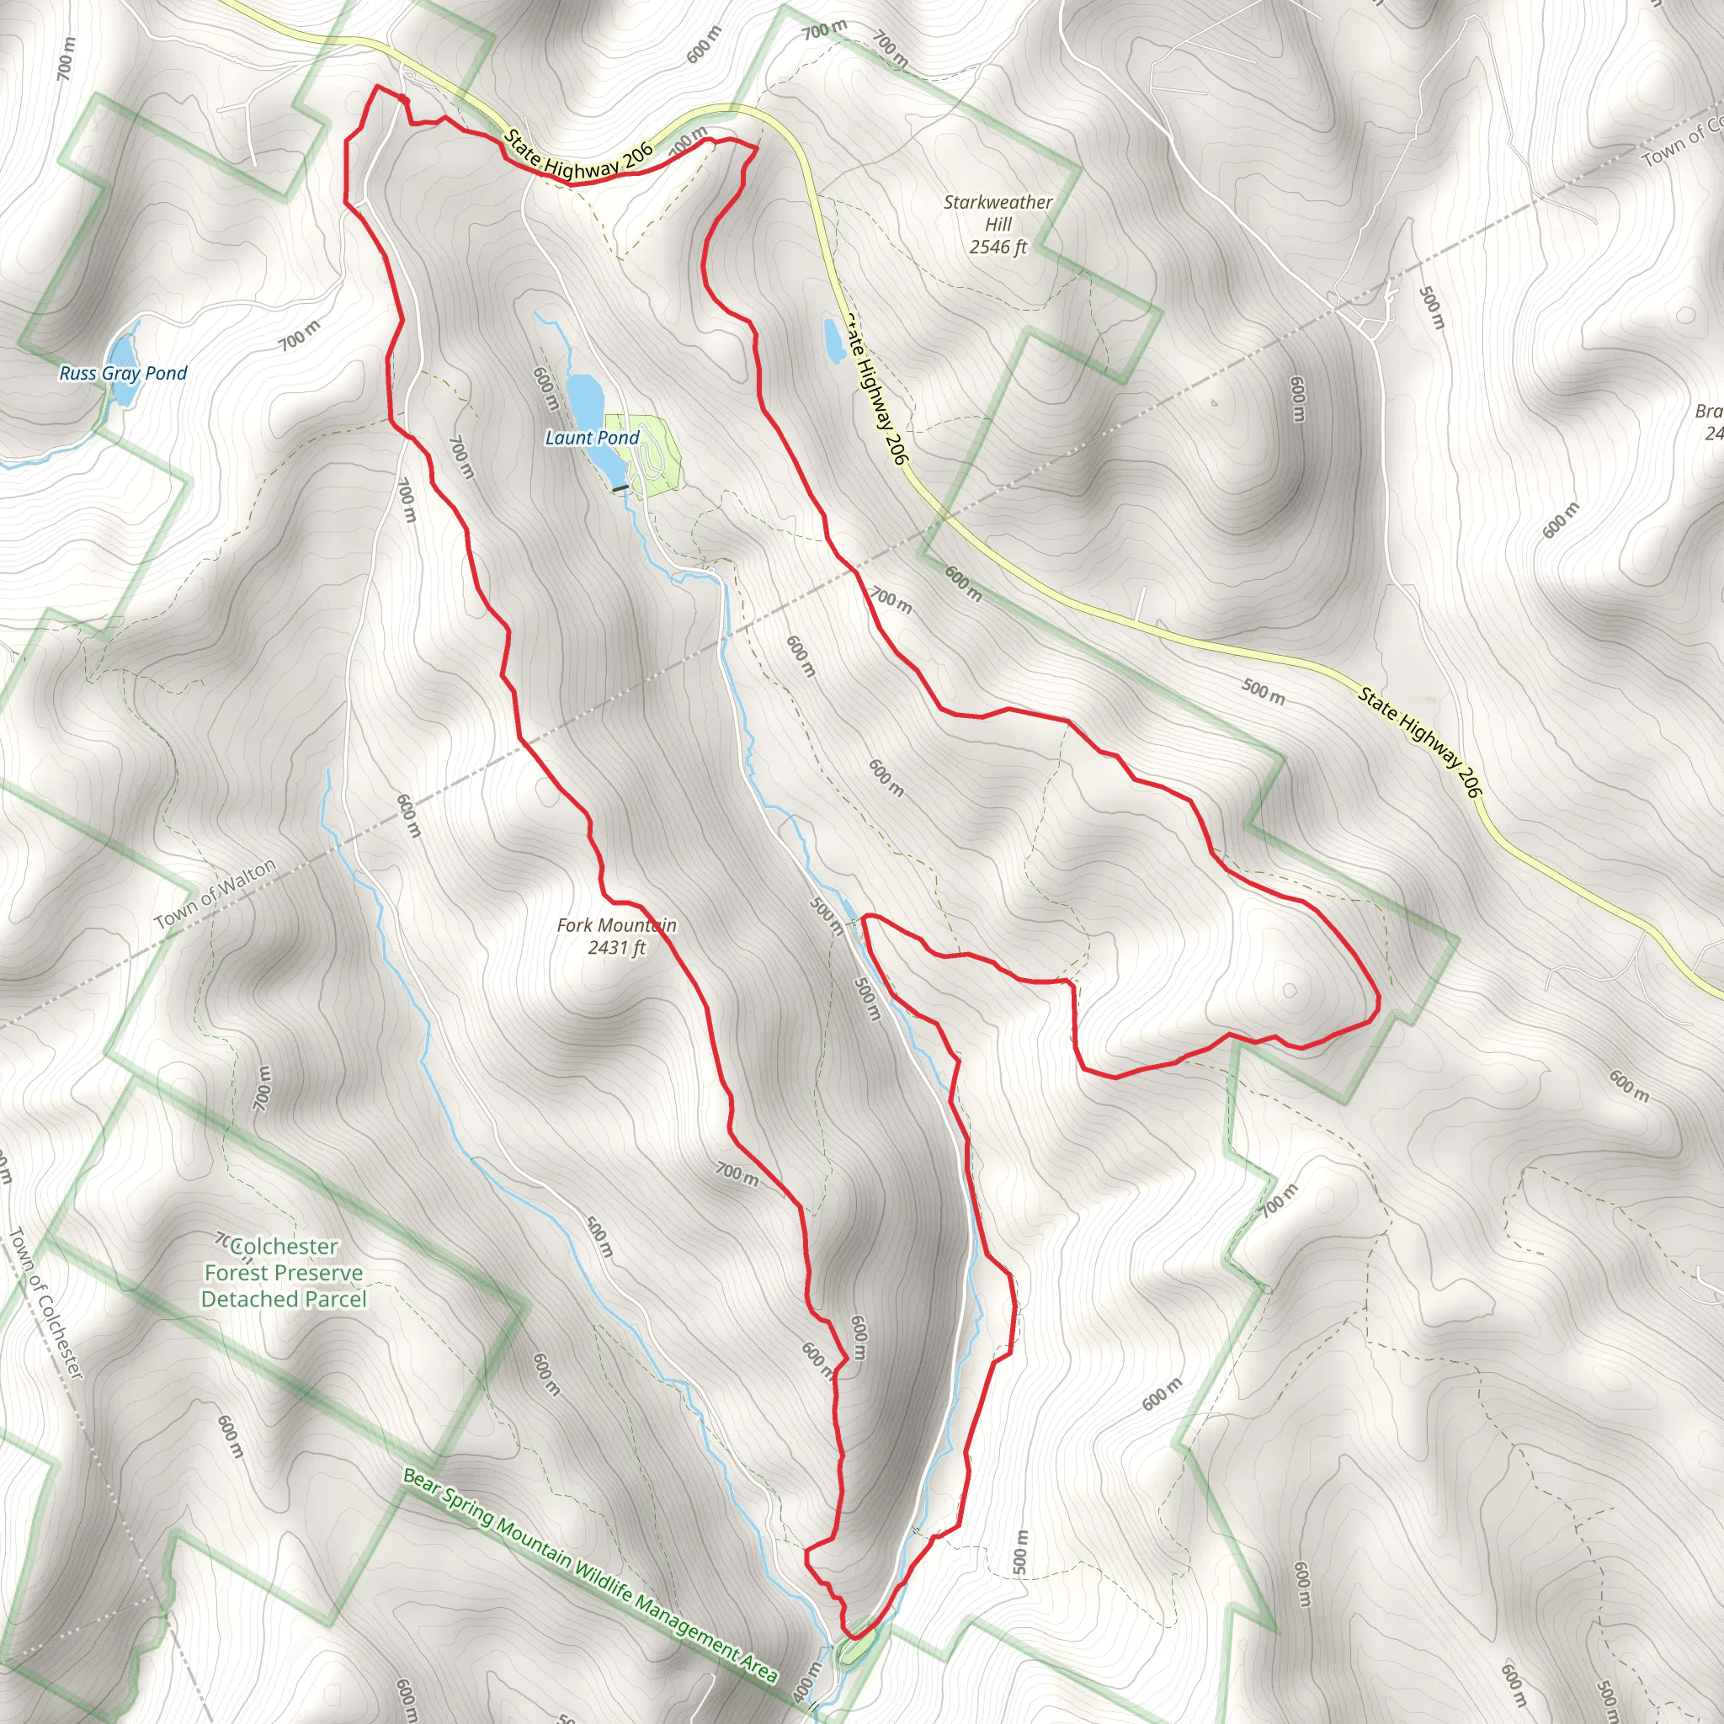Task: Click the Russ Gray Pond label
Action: pos(123,373)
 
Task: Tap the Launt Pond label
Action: pos(592,437)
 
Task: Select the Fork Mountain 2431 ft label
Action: pos(616,936)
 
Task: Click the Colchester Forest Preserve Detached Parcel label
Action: pos(284,1273)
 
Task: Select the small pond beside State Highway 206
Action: pos(833,340)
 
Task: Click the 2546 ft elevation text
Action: pos(998,247)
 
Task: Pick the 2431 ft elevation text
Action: pos(616,948)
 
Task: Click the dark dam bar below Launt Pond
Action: pos(620,488)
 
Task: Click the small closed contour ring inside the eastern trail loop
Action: pos(1290,990)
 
